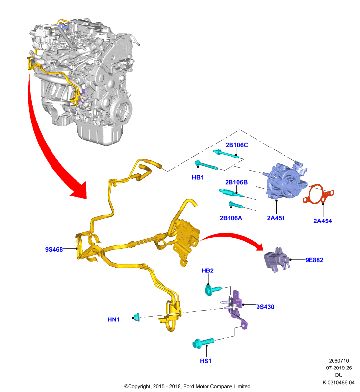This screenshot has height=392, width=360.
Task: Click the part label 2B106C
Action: pos(236,145)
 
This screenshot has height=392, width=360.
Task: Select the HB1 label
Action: pos(198,177)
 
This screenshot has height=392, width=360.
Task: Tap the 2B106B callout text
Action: pos(236,182)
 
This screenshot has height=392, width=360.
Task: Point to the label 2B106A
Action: pos(231,218)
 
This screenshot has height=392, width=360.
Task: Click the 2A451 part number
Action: pos(276,218)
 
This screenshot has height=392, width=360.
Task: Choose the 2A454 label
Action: pos(322,221)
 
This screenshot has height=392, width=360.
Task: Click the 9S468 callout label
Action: pos(54,250)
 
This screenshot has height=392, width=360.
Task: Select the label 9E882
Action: pos(314,260)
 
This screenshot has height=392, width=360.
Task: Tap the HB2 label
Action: pos(207,270)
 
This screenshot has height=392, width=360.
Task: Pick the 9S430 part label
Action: pos(265,307)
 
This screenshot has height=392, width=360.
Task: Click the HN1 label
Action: pos(114,319)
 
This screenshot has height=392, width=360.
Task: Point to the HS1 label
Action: pos(206,361)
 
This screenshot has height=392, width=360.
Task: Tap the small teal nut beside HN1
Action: pos(137,317)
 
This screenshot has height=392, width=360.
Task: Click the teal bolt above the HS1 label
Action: pos(204,343)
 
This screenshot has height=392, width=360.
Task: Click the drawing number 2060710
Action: pos(339,361)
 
